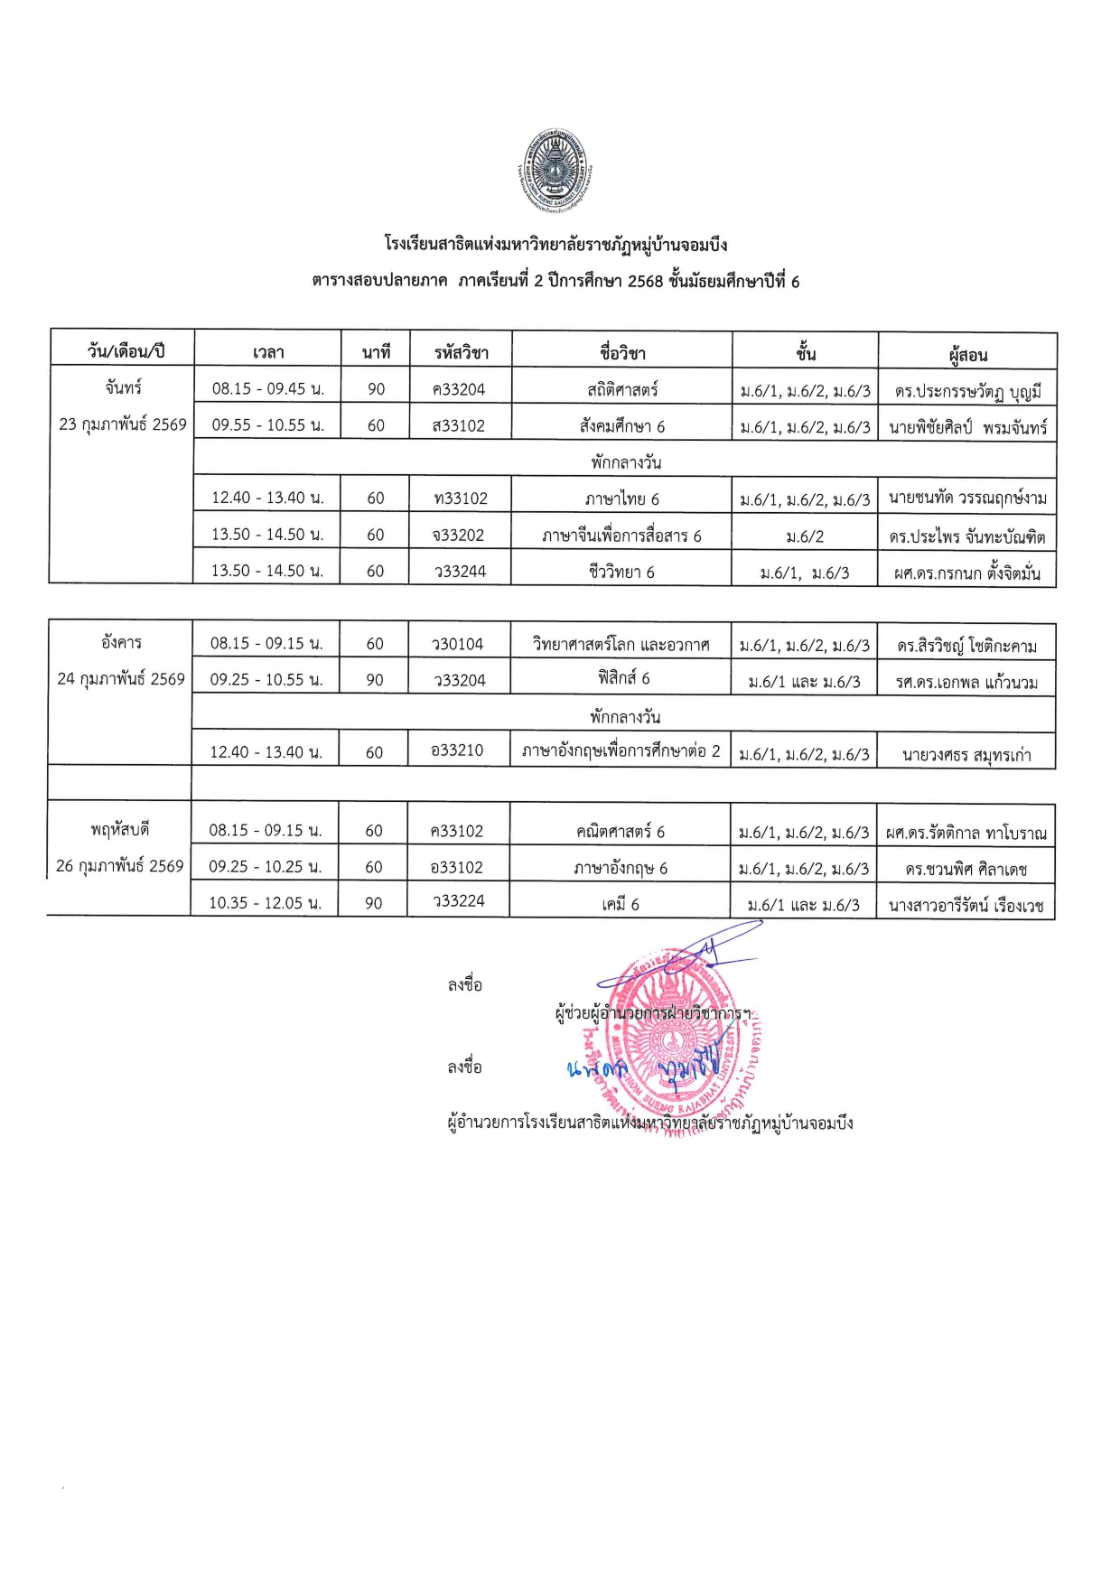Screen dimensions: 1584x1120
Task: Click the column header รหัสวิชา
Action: pos(461,352)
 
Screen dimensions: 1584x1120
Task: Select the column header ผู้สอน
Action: pos(967,354)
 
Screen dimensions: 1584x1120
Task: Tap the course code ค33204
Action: pos(459,389)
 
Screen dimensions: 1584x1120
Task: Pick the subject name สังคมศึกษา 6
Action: pos(622,426)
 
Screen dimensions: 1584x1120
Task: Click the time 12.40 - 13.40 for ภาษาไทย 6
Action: pos(267,498)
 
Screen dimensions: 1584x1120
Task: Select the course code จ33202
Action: pos(459,535)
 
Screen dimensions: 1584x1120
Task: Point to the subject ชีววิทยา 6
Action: pos(621,572)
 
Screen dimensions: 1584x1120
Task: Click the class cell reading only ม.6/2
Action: pos(804,536)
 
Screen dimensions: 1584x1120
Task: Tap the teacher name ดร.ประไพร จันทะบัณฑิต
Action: pos(966,536)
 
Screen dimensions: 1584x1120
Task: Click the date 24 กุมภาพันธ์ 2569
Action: pos(121,679)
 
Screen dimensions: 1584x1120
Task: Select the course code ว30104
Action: pos(458,644)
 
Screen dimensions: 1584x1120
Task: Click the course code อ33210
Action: pos(457,750)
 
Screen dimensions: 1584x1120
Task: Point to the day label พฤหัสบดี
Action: pos(119,829)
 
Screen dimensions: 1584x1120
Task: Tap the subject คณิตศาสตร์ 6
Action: pos(621,831)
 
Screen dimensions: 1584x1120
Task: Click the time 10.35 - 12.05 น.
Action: pos(265,902)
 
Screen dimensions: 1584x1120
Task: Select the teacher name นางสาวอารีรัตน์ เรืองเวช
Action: pos(966,905)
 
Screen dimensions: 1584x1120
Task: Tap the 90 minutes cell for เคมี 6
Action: pos(373,902)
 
